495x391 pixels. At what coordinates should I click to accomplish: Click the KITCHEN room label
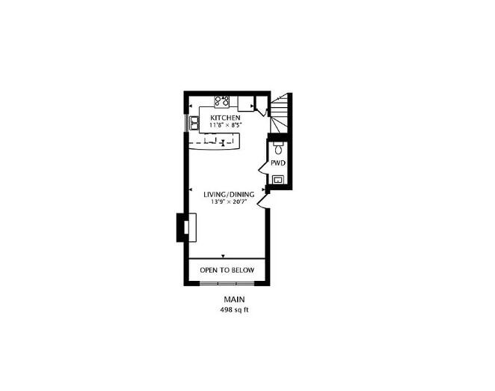click(x=225, y=118)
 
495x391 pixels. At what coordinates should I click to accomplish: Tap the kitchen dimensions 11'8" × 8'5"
click(x=225, y=124)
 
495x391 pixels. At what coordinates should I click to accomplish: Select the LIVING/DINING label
click(x=229, y=195)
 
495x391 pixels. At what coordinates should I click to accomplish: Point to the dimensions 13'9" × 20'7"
click(x=229, y=201)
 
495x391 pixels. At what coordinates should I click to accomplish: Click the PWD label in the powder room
click(x=278, y=163)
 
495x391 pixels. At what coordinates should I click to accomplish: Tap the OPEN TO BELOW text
click(x=227, y=270)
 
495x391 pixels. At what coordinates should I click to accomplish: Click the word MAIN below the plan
click(x=234, y=300)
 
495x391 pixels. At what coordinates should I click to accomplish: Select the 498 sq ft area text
click(x=234, y=309)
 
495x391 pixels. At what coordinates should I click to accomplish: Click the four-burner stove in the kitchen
click(x=221, y=101)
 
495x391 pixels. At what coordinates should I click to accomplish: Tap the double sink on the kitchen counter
click(x=194, y=124)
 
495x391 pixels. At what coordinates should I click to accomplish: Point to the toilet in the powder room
click(x=278, y=147)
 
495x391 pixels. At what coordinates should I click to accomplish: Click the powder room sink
click(x=278, y=180)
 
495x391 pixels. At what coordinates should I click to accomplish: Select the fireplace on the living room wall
click(x=186, y=228)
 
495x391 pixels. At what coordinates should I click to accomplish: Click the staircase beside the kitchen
click(x=280, y=113)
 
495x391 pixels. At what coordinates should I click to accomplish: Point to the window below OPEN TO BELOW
click(x=227, y=283)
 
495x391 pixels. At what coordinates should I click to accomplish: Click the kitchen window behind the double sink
click(x=187, y=124)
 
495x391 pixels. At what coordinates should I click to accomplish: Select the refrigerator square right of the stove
click(x=246, y=103)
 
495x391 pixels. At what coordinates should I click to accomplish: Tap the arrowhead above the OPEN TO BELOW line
click(x=223, y=256)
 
